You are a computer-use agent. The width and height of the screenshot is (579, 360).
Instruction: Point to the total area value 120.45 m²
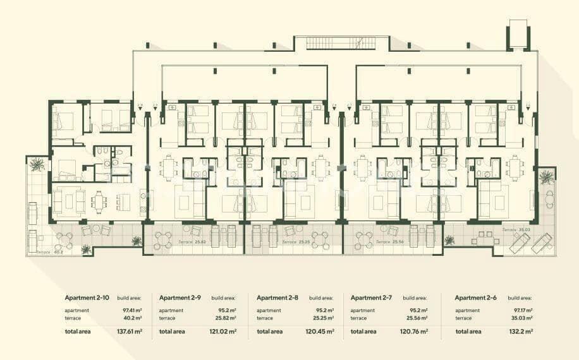[319, 331]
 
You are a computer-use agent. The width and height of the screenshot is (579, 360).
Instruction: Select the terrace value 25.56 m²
[417, 318]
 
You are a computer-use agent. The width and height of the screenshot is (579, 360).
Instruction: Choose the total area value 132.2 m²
[521, 331]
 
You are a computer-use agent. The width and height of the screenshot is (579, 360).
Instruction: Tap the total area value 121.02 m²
[223, 331]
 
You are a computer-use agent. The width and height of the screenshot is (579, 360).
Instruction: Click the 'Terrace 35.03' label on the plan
[516, 231]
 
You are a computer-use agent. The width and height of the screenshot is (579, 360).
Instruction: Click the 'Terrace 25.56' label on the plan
[391, 242]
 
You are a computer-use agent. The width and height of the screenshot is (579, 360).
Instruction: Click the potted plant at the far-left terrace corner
[37, 165]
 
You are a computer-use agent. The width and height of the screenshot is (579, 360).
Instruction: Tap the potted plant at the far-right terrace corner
[546, 178]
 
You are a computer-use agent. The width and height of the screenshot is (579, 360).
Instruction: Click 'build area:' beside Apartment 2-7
[415, 298]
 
